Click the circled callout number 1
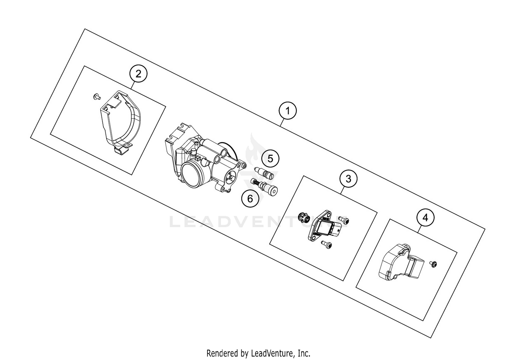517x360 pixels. click(287, 111)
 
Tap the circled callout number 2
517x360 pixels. click(138, 74)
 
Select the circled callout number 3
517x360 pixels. click(348, 179)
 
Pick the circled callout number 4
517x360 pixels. click(425, 218)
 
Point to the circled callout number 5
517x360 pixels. click(270, 159)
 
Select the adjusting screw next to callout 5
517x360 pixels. click(264, 172)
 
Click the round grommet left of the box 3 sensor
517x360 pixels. click(302, 218)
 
